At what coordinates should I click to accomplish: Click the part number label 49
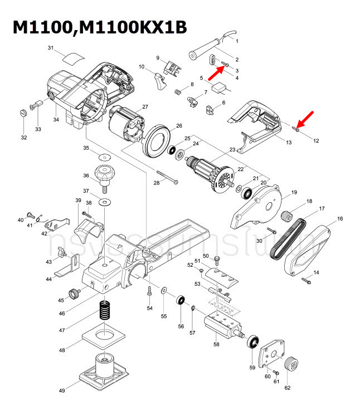(63, 392)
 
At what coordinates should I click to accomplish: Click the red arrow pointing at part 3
(216, 72)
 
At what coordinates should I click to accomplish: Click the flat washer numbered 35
(105, 154)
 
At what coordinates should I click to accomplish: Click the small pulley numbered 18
(288, 213)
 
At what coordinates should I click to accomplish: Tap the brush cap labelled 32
(23, 114)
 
